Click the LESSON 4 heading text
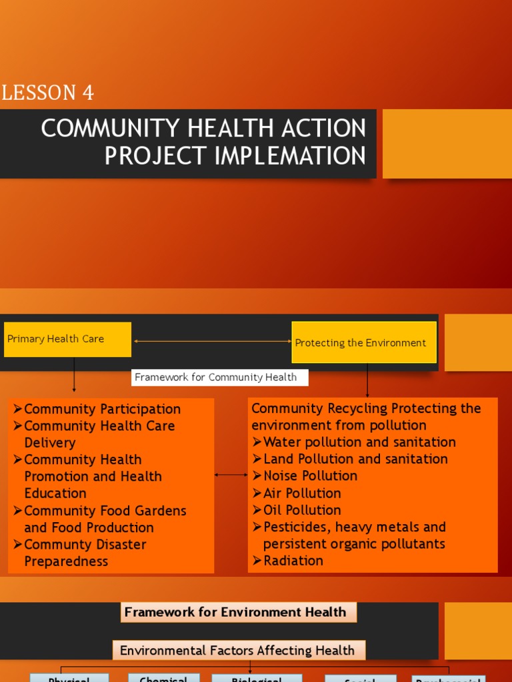pos(47,93)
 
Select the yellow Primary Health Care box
pos(67,339)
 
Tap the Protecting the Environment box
pos(364,342)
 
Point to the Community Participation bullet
pos(101,409)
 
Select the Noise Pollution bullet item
pos(310,476)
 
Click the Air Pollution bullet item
pos(301,494)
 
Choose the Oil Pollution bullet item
pos(301,510)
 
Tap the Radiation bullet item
pos(293,561)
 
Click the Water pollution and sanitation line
pos(359,442)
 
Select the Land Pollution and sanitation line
pos(355,459)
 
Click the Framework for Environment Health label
pos(238,612)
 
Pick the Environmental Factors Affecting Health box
pos(238,651)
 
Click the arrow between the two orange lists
pos(231,476)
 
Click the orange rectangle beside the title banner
pos(447,144)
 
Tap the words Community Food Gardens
pos(105,511)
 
